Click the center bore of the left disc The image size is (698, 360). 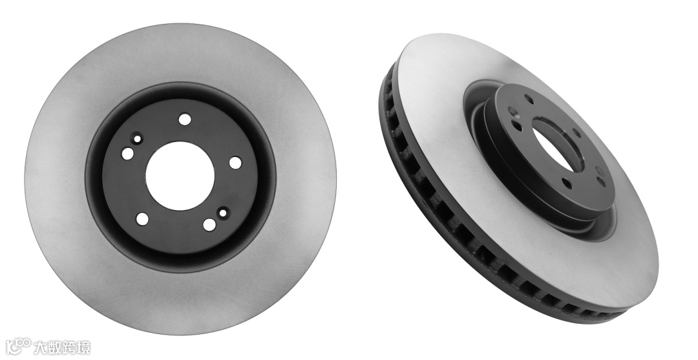180,176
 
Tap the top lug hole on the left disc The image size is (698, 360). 184,120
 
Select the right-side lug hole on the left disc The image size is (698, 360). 235,163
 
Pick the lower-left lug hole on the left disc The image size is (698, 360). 142,219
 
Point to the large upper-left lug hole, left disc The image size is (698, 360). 128,154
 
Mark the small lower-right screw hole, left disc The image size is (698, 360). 222,213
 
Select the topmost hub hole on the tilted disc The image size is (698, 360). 529,100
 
